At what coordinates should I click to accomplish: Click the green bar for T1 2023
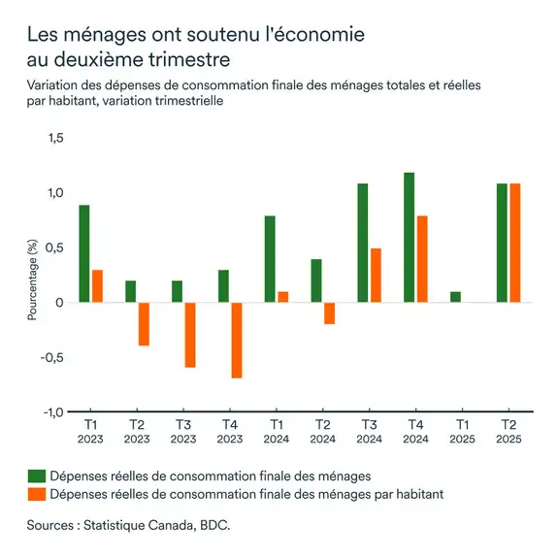coord(84,254)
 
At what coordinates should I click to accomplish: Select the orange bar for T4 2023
coord(236,340)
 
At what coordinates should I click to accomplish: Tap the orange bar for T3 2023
coord(189,335)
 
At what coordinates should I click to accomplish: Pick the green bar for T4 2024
coord(410,238)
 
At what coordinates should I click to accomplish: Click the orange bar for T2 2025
coord(514,243)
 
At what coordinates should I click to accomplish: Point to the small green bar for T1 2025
coord(456,297)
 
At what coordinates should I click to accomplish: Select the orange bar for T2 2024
coord(329,313)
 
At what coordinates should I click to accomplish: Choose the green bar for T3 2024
coord(363,243)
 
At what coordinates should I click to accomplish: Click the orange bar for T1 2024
coord(282,297)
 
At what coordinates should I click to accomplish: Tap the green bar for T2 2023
coord(131,292)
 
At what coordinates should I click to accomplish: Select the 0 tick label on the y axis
coord(59,303)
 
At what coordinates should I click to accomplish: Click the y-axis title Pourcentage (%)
coord(32,281)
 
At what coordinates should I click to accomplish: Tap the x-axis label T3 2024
coord(369,432)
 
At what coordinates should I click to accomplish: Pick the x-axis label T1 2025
coord(462,432)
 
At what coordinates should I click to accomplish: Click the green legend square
coord(36,476)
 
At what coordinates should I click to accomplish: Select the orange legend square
coord(36,494)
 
